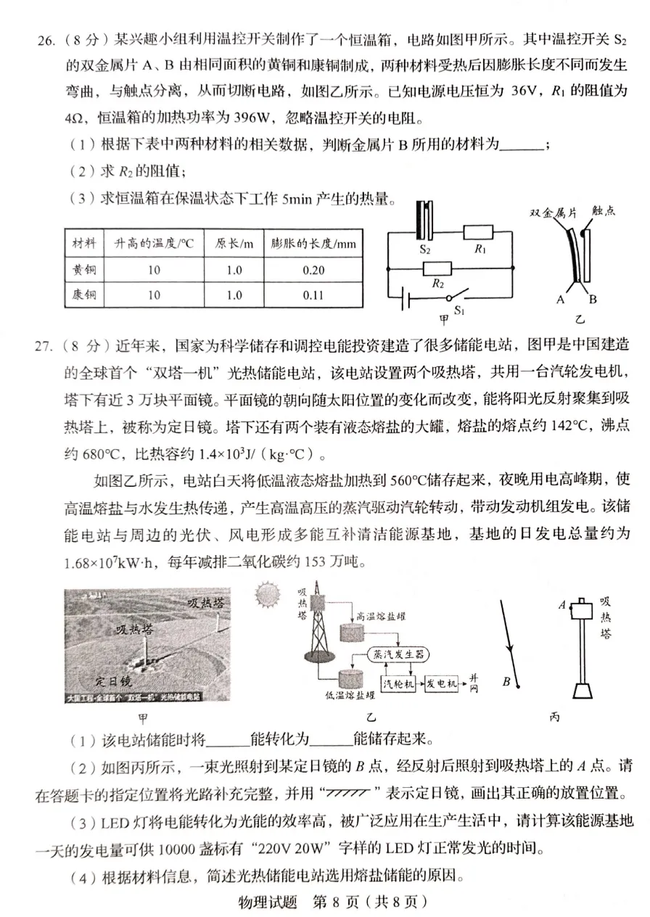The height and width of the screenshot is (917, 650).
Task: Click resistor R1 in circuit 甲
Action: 478,233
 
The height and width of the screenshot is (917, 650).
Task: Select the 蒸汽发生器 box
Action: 397,653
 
